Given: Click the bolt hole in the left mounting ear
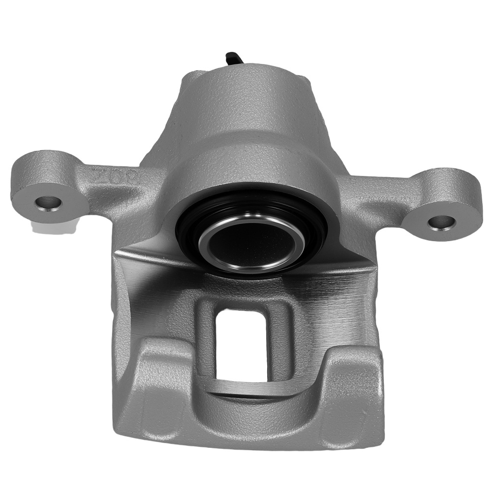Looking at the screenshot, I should (50, 202).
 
